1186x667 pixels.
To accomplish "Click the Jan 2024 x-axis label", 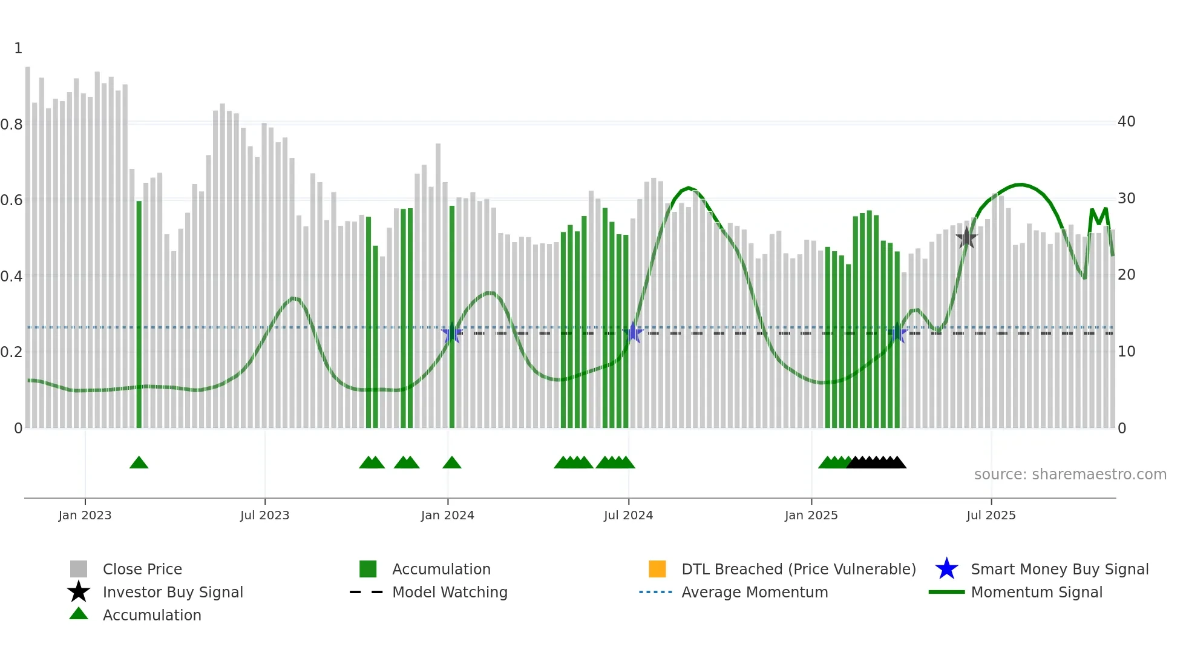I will (x=447, y=515).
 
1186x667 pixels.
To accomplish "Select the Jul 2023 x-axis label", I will (x=264, y=515).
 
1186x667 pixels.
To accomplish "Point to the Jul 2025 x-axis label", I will (x=991, y=515).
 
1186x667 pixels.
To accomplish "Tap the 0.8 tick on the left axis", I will (x=11, y=125).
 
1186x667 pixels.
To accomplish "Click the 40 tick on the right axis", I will (x=1126, y=122).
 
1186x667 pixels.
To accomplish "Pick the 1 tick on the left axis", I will (x=18, y=48).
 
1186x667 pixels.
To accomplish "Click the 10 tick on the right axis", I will (x=1126, y=352).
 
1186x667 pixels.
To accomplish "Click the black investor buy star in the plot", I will (x=966, y=238).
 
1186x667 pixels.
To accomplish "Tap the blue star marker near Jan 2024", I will (x=451, y=333).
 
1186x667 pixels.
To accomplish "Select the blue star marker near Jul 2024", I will (x=632, y=332).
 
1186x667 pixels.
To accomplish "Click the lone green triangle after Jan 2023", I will (x=139, y=463).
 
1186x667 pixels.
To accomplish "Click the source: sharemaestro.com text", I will (x=1070, y=475).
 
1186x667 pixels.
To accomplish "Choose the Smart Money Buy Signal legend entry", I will (x=1059, y=569).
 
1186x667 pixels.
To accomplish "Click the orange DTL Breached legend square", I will (x=657, y=569).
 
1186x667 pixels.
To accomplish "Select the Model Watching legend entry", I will (x=449, y=592).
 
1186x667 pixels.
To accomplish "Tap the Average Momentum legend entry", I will (x=754, y=592).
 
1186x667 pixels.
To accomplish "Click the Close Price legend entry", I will (x=142, y=569).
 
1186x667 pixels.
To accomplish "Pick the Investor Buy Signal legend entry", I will (x=172, y=592).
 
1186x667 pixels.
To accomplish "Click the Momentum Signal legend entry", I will (x=1036, y=592).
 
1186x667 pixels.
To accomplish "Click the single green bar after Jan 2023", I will (x=139, y=315).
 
